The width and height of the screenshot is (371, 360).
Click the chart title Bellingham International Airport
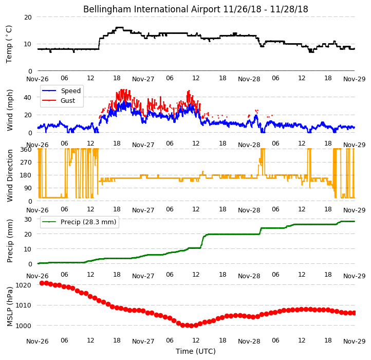[152, 9]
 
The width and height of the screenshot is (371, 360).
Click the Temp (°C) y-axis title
[9, 44]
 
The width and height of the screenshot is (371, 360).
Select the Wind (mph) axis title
[9, 110]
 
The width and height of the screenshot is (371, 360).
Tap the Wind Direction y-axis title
[9, 175]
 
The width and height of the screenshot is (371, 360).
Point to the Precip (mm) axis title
[9, 241]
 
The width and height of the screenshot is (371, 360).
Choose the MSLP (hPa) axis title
[9, 307]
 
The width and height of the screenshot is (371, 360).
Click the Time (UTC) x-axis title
[196, 351]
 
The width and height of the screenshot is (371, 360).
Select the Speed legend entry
[71, 91]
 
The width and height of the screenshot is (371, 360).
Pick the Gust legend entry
[68, 101]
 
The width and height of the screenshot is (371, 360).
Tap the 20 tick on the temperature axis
[28, 17]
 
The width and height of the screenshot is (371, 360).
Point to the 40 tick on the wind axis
[28, 97]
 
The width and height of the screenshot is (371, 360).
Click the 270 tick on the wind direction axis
[27, 163]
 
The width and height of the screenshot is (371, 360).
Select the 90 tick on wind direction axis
[28, 188]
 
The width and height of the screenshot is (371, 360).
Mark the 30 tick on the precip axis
[28, 219]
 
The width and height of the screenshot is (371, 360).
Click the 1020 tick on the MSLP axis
[24, 285]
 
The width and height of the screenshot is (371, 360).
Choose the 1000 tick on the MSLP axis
[24, 326]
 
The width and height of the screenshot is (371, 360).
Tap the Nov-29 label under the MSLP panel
[354, 341]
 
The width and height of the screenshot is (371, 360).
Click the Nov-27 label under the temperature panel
[143, 79]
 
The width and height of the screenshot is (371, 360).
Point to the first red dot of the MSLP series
[42, 283]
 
